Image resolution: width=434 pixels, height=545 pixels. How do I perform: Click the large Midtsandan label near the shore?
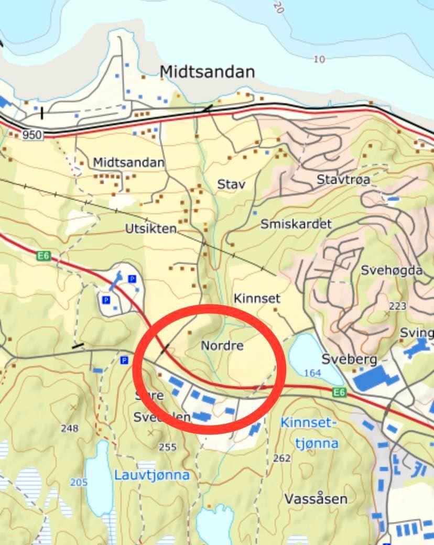click(207, 71)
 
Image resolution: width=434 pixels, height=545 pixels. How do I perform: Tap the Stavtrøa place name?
click(343, 180)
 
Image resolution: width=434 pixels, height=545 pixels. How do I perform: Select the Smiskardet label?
click(296, 224)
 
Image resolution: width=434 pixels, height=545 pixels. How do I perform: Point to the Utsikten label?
click(151, 229)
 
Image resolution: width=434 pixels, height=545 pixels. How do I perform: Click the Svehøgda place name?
click(392, 270)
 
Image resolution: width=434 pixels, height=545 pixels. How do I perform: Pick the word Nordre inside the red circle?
click(222, 346)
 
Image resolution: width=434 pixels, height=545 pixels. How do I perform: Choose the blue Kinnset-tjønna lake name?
click(309, 432)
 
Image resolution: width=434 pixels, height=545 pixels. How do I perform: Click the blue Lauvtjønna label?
click(152, 475)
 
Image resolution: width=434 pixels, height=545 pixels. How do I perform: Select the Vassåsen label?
click(316, 498)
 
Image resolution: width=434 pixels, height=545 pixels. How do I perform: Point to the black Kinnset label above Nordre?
click(257, 299)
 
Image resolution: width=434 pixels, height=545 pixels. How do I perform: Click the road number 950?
click(32, 135)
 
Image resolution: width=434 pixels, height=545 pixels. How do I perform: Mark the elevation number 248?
click(69, 428)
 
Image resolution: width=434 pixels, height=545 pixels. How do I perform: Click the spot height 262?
click(282, 458)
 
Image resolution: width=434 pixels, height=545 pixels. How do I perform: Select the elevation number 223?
click(397, 306)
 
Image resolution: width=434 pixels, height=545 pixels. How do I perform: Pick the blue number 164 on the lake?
click(312, 373)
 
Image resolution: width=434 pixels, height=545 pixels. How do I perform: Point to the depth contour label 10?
click(319, 59)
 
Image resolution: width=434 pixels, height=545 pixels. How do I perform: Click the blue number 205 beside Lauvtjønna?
click(79, 482)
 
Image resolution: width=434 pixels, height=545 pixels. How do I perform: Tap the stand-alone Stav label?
click(231, 184)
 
